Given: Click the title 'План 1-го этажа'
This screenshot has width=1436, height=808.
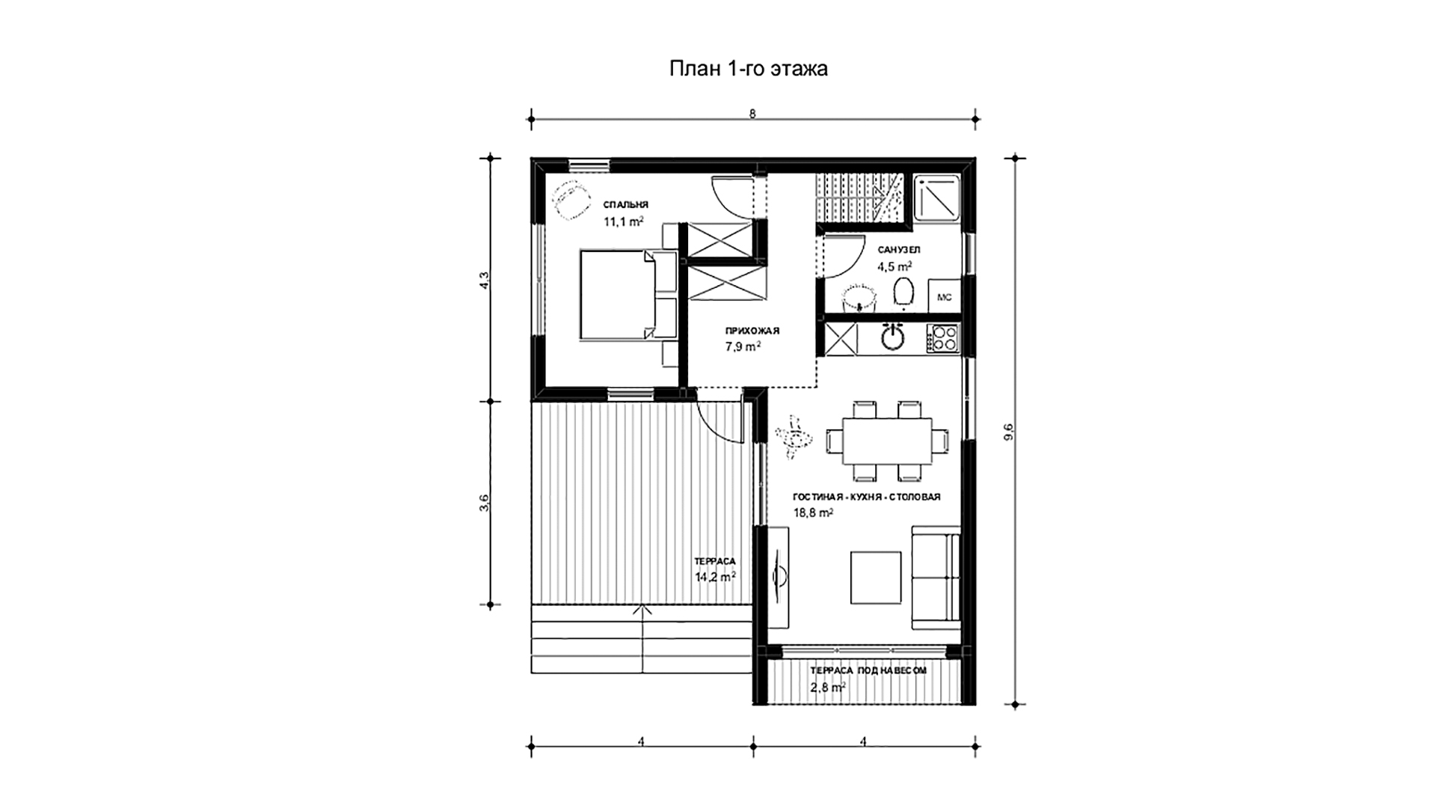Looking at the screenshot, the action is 748,69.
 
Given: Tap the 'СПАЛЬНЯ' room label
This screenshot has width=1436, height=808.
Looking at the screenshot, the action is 626,204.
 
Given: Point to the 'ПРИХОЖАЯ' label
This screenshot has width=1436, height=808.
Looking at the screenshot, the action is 752,331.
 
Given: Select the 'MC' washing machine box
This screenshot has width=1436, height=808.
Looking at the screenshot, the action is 944,296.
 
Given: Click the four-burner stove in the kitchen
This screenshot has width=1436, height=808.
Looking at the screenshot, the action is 943,338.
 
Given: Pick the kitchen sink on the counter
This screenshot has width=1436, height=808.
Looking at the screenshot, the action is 893,337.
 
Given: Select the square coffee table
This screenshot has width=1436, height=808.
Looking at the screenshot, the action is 876,577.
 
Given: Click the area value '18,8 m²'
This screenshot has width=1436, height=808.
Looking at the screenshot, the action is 813,512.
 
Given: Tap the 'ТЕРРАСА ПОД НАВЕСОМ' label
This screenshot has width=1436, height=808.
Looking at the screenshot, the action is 868,670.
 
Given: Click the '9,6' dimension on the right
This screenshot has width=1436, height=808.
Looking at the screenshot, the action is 1009,432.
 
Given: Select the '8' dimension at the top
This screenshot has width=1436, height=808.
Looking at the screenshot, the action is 752,114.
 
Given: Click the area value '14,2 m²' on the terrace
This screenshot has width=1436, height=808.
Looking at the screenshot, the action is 191,576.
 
